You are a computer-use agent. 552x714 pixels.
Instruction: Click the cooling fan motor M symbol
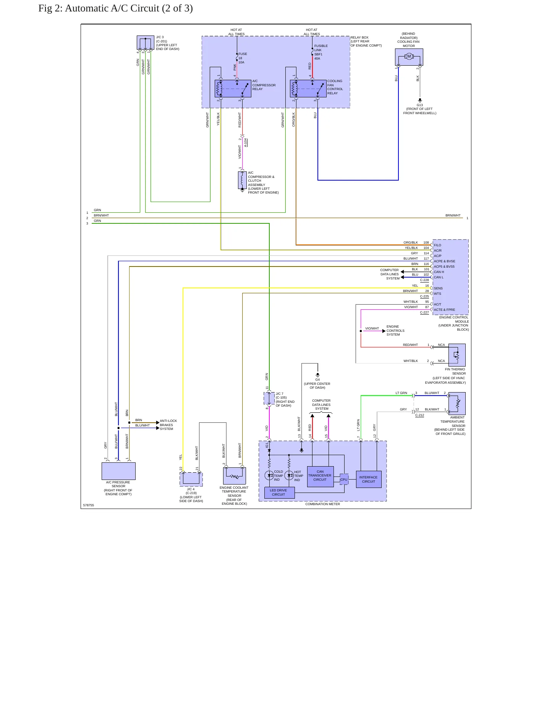[409, 57]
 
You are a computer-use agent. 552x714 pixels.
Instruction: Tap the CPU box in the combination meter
[344, 480]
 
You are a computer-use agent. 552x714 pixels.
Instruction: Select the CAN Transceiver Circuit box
[320, 476]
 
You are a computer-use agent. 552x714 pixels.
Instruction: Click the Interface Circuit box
[368, 479]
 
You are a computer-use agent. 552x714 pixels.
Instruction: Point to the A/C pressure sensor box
[118, 471]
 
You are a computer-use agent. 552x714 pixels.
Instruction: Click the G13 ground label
[419, 105]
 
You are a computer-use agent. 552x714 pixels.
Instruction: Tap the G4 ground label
[317, 380]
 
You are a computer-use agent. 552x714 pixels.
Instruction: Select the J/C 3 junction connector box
[146, 43]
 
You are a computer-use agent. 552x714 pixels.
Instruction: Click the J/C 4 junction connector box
[191, 479]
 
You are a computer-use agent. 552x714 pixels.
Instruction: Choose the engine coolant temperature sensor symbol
[234, 476]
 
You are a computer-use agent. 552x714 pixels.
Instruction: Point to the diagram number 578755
[88, 505]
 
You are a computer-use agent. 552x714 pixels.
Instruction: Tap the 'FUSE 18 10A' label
[243, 58]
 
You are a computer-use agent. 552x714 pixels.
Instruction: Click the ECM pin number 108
[426, 242]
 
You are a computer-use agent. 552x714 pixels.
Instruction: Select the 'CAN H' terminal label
[439, 272]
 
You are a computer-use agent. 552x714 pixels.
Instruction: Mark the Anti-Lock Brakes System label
[168, 425]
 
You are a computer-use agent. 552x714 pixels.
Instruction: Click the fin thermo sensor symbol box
[457, 355]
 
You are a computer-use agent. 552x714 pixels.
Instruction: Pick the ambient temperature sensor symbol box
[457, 404]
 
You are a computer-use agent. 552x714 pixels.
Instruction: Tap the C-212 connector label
[419, 415]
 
